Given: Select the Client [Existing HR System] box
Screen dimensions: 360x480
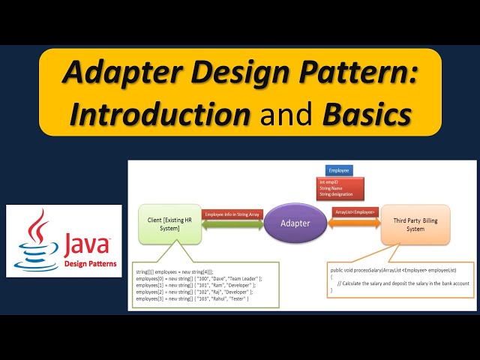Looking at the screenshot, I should tap(170, 223).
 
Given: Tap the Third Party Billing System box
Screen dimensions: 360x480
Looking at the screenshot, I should tap(415, 223).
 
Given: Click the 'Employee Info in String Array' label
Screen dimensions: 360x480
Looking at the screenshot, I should tap(233, 214).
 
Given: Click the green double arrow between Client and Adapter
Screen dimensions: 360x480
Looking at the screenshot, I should tap(232, 224).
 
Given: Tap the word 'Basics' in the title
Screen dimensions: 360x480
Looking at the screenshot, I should tap(367, 115).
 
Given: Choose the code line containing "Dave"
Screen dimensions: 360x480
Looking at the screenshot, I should tap(198, 277).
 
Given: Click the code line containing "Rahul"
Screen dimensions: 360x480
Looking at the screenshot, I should tap(192, 299).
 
